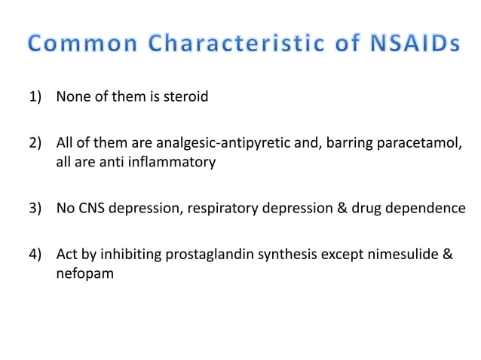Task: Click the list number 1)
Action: (x=37, y=97)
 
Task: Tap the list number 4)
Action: (x=37, y=255)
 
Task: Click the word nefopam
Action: (x=85, y=273)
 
